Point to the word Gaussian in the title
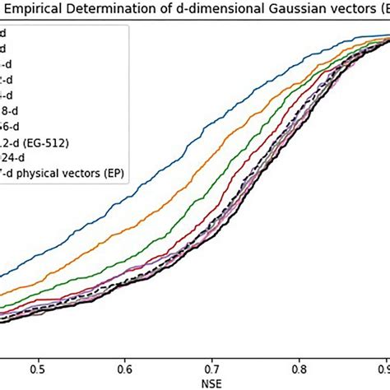point(293,11)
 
